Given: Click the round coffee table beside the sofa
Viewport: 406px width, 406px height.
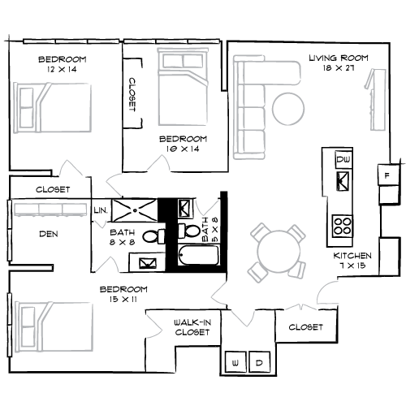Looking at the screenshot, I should pos(288,109).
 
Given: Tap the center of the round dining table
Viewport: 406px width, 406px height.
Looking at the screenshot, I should pos(279,252).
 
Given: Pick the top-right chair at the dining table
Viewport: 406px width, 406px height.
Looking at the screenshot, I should pos(297,233).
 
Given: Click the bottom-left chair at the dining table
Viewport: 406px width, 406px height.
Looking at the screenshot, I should pos(257,272).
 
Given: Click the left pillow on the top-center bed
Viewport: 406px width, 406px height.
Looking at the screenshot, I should pos(172,62).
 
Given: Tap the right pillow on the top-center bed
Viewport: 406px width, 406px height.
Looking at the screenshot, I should pos(192,62).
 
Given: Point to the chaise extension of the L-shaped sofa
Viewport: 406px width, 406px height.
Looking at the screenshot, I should pos(281,72).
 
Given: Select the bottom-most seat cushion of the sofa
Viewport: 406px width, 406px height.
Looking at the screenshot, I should pos(252,141).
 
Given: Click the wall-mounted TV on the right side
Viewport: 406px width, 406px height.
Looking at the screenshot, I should pos(377,100).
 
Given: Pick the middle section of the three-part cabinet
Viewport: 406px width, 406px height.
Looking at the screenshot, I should pos(50,209).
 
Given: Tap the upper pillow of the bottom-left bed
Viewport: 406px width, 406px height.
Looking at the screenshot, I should pos(28,317).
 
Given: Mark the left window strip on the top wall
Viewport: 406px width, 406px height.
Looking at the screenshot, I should pos(71,41).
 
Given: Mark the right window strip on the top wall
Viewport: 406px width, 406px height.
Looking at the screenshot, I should pos(171,41).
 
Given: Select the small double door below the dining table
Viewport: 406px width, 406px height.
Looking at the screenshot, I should pos(300,307).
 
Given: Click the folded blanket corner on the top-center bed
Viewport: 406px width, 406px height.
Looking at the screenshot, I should pos(197,80).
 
